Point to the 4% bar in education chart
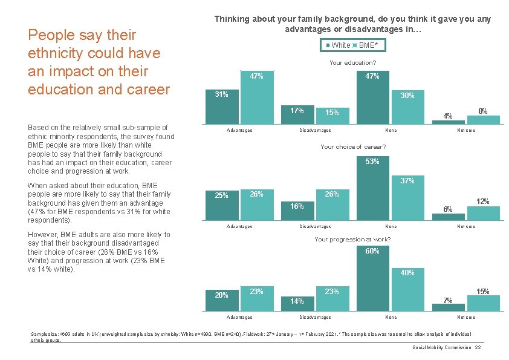pyautogui.click(x=448, y=120)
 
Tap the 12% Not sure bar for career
pyautogui.click(x=483, y=212)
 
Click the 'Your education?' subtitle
pyautogui.click(x=352, y=63)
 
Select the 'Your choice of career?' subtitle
pyautogui.click(x=353, y=146)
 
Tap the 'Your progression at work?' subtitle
pyautogui.click(x=352, y=240)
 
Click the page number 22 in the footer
pyautogui.click(x=478, y=347)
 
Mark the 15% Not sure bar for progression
pyautogui.click(x=483, y=299)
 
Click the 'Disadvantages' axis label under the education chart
pyautogui.click(x=315, y=130)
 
